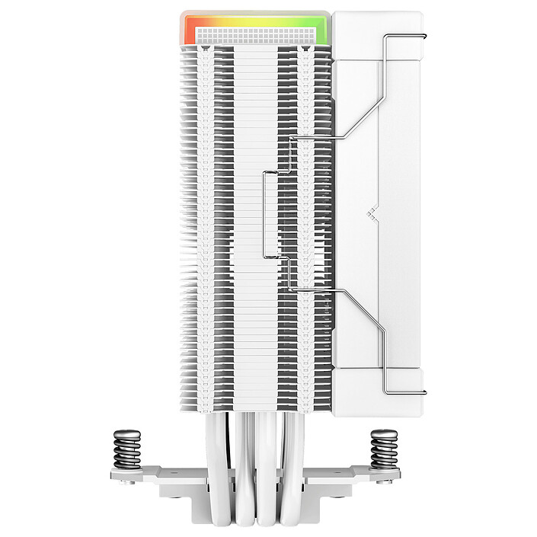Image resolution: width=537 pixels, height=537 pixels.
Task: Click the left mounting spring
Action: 126,449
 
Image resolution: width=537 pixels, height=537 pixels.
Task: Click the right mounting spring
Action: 384,449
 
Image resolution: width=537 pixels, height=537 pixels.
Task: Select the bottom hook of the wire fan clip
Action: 390,388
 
